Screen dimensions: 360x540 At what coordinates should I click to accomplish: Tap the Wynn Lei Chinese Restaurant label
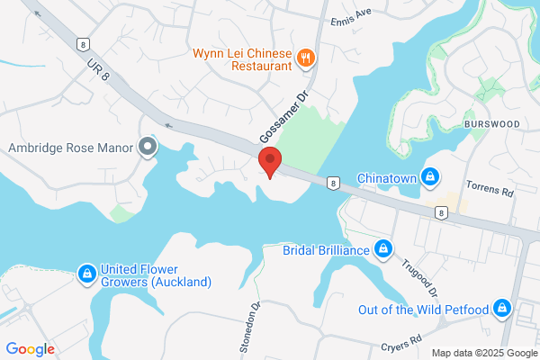(242, 58)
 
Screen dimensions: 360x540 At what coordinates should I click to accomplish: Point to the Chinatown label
(387, 177)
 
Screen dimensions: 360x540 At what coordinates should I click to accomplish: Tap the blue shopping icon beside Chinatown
(431, 176)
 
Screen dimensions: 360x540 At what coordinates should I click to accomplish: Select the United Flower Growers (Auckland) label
(156, 275)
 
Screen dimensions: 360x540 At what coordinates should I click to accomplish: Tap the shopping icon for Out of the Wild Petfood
(502, 310)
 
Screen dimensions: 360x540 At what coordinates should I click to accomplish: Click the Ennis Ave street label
(351, 21)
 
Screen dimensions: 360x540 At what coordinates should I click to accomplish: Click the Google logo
(30, 349)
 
